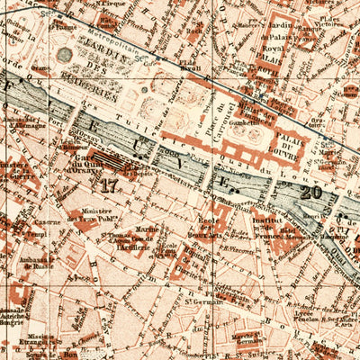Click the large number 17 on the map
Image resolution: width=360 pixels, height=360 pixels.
109,186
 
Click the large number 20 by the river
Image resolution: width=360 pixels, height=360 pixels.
311,191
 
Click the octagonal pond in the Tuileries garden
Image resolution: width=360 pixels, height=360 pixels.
64,55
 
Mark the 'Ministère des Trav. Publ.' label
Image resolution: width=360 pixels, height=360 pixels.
99,213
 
